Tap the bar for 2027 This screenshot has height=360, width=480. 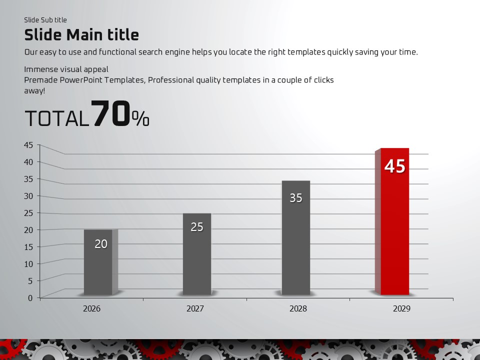pos(197,260)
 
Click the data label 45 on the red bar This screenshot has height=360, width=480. pos(394,166)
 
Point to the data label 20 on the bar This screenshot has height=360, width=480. pos(101,244)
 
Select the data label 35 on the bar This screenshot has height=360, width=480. pos(296,198)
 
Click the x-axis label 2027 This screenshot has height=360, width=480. pos(195,308)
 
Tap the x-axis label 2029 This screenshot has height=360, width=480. pos(401,308)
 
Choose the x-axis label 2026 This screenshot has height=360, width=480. pos(91,308)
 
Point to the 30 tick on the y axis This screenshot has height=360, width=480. pos(28,195)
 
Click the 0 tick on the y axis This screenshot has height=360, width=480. pos(30,297)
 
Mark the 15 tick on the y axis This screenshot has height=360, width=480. pos(28,246)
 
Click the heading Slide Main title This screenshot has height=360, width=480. pos(81,34)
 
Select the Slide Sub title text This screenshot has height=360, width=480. pos(45,20)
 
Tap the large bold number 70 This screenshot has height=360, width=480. pos(111,114)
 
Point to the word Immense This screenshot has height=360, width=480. pos(40,69)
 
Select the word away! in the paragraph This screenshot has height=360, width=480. pos(34,91)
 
